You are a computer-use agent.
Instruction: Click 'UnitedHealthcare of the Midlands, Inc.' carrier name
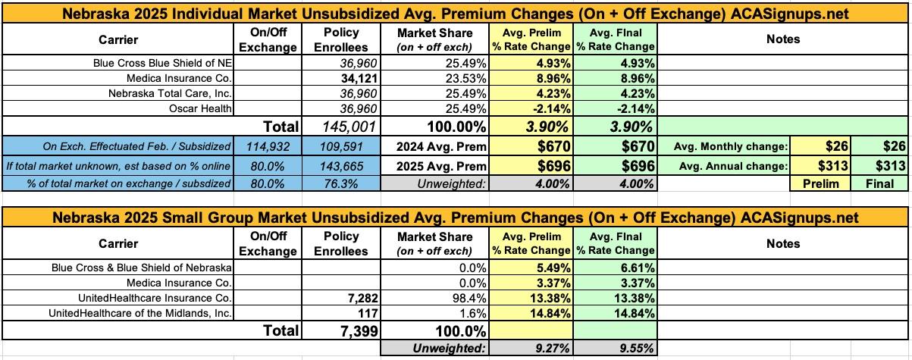(x=141, y=312)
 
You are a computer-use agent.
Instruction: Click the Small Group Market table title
(x=456, y=218)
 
